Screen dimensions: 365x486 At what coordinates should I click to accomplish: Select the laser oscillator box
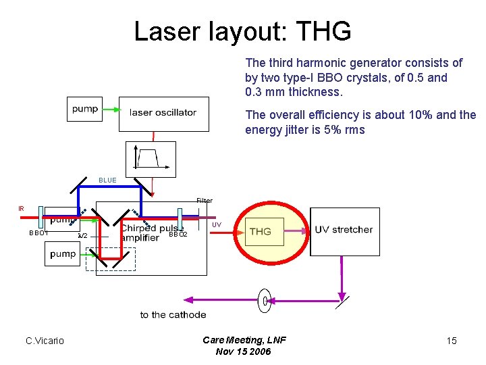click(x=163, y=113)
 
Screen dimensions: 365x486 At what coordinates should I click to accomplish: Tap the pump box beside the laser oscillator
click(x=84, y=109)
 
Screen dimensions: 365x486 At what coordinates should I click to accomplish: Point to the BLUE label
click(x=107, y=180)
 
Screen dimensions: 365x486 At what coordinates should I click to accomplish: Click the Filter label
click(x=205, y=201)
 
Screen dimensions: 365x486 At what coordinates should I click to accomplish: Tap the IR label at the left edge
click(x=21, y=209)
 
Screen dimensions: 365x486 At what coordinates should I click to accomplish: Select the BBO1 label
click(x=38, y=233)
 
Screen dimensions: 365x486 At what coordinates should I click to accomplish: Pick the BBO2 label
click(x=178, y=235)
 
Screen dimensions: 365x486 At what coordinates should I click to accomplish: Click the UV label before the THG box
click(x=217, y=224)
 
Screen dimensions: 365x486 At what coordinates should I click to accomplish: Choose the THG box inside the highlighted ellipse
click(x=264, y=232)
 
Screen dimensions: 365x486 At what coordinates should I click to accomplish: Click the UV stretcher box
click(x=344, y=230)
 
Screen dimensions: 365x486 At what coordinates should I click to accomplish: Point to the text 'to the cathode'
click(x=173, y=314)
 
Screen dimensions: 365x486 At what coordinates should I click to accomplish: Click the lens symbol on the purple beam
click(x=265, y=300)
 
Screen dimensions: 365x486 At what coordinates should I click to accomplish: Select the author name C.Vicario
click(x=45, y=341)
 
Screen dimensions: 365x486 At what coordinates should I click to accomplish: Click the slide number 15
click(x=452, y=341)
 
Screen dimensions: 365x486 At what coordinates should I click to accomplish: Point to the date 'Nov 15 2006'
click(x=243, y=351)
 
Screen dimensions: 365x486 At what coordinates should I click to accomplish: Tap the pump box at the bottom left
click(x=63, y=254)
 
